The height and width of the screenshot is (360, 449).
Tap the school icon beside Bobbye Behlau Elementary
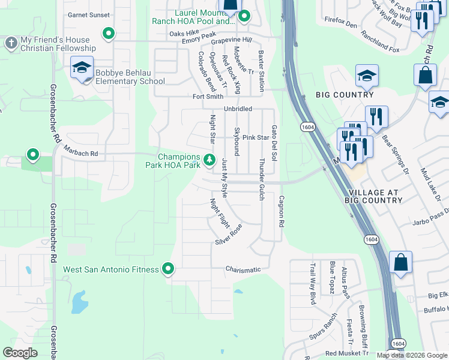[82, 68]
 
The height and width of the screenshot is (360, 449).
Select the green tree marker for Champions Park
[209, 160]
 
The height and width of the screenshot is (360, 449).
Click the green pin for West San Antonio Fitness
[169, 269]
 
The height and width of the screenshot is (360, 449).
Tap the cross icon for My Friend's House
[11, 43]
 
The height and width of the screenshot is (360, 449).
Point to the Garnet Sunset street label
[89, 15]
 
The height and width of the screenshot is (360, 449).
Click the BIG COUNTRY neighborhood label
[345, 95]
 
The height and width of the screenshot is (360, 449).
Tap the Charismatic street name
[243, 270]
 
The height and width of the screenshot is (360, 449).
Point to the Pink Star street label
[255, 137]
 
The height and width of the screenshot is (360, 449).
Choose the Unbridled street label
[238, 109]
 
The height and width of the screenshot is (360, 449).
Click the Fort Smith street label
[208, 97]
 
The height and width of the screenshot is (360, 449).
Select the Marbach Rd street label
[80, 154]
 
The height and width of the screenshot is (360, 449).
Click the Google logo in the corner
[20, 353]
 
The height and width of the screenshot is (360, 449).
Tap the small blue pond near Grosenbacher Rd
[79, 303]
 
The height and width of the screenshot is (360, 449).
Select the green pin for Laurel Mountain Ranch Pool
[244, 17]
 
